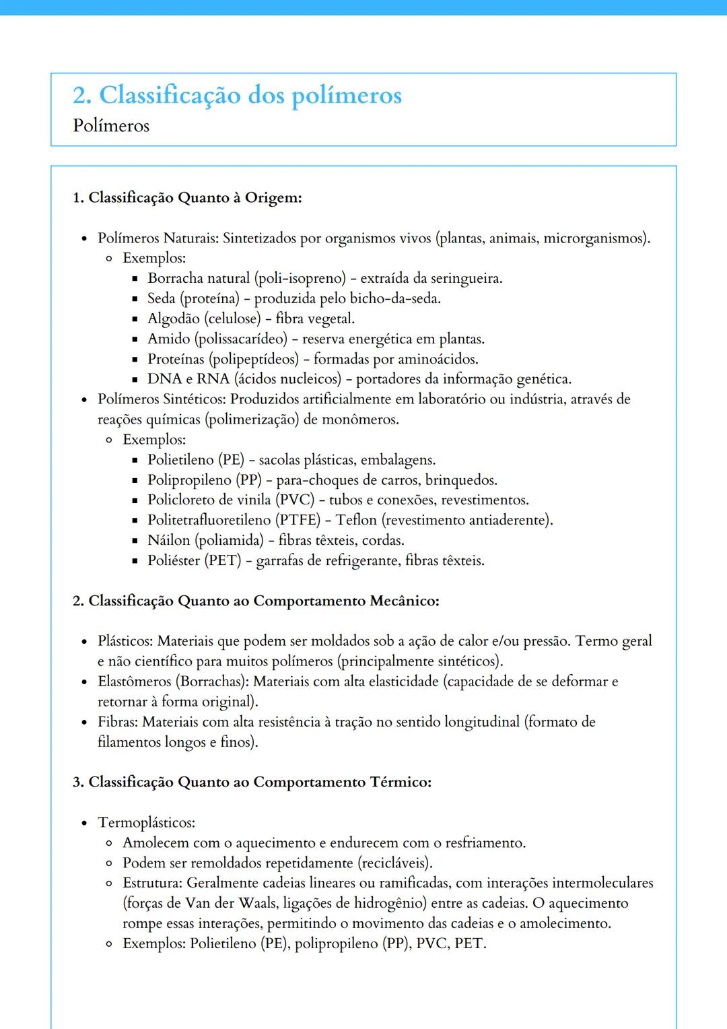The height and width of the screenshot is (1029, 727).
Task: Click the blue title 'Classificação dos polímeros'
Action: coord(250,96)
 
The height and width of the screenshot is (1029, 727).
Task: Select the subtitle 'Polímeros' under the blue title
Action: coord(111,126)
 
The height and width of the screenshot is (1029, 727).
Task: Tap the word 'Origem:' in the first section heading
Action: coord(273,198)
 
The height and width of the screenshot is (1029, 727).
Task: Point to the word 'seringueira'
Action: coord(465,278)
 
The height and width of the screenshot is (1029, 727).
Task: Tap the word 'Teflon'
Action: coord(356,520)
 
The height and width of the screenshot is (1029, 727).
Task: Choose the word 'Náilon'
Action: coord(169,540)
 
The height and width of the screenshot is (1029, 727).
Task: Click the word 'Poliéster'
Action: coord(174,560)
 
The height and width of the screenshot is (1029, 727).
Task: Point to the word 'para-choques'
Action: coord(318,480)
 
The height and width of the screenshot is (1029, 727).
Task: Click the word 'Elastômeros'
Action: coord(135,682)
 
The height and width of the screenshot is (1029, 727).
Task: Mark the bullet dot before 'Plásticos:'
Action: coord(84,642)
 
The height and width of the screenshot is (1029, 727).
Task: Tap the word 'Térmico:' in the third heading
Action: coord(401,782)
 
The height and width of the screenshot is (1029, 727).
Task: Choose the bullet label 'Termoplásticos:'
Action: coord(147,823)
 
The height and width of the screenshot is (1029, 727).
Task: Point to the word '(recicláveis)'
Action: coord(394,863)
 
